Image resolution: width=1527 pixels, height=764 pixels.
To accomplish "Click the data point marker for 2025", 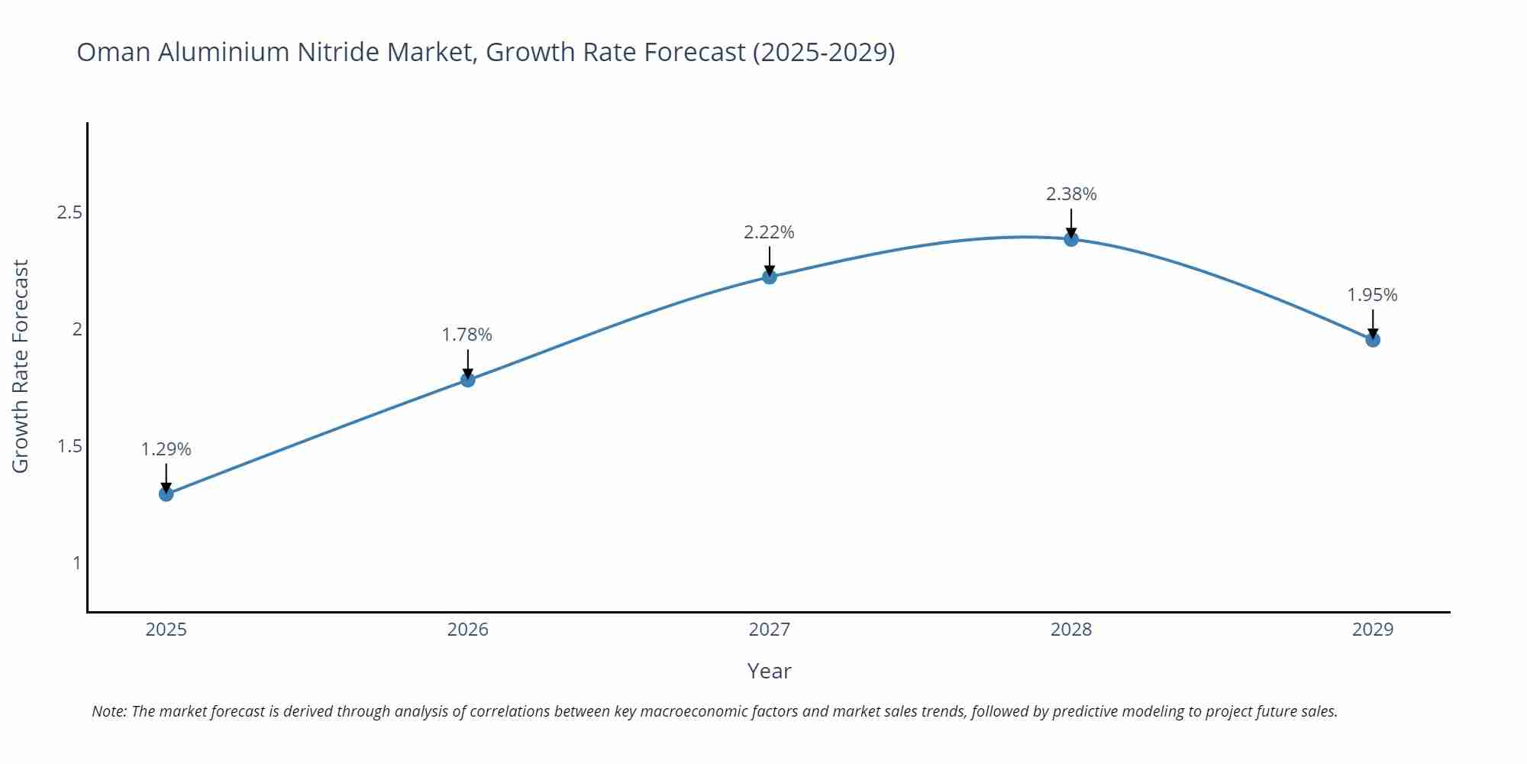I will point(166,494).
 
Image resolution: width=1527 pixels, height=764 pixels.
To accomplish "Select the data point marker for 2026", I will point(468,380).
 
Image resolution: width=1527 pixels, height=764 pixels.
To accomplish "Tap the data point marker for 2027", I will point(770,277).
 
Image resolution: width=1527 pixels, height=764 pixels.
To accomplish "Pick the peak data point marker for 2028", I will point(1071,239).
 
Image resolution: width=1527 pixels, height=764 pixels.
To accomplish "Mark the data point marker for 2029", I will point(1373,340).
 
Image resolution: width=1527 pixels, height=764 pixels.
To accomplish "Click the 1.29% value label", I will point(166,449).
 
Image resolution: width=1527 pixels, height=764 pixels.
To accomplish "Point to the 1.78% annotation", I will point(467,335).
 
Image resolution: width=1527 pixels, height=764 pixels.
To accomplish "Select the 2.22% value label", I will point(770,232).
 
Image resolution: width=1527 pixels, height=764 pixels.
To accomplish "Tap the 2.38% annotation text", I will point(1071,195).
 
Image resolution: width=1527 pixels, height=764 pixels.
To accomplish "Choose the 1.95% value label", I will point(1372,295).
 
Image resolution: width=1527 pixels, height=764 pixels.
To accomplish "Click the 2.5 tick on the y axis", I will point(69,212).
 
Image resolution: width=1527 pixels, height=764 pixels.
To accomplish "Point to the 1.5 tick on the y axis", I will point(69,446).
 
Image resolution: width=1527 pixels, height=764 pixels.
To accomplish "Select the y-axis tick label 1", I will point(76,563).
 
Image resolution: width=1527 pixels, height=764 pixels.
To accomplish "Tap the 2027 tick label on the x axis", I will point(770,630).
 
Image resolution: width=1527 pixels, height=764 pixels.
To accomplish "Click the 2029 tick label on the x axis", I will point(1373,630).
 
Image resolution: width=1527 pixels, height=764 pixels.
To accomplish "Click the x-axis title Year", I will point(770,671).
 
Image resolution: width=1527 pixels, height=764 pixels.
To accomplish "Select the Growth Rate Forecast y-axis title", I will point(21,367).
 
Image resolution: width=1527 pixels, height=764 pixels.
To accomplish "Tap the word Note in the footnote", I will point(108,711).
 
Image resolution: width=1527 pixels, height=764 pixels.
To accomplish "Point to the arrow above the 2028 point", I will point(1071,224).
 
